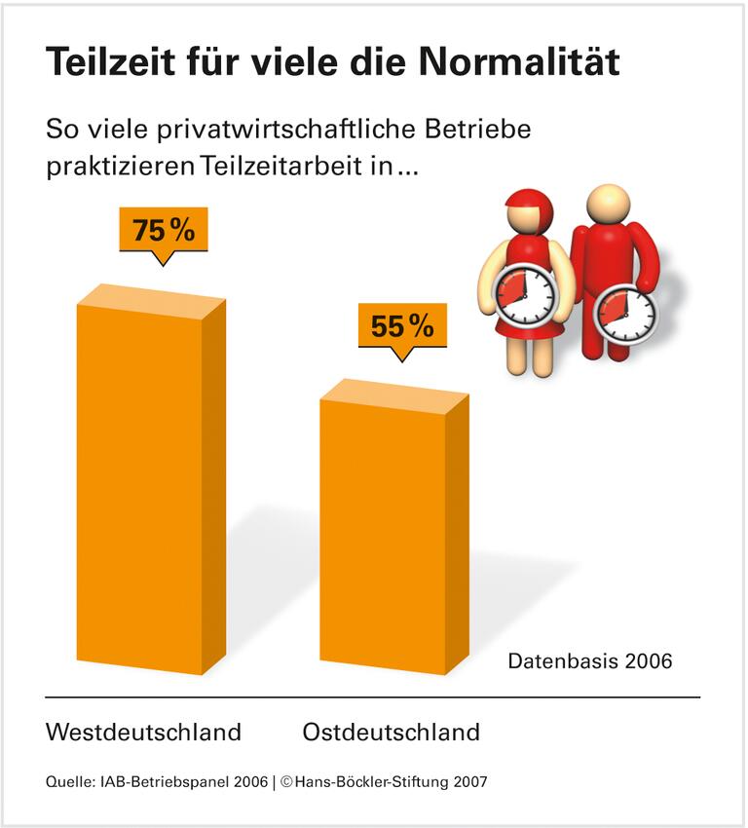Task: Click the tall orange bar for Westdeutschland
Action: click(146, 487)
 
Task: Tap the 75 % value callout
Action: click(164, 231)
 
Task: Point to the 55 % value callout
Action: click(402, 326)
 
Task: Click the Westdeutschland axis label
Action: click(143, 732)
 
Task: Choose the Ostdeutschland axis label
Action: click(391, 732)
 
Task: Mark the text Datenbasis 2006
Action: click(590, 661)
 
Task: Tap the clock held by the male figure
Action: click(625, 313)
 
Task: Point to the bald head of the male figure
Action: click(609, 203)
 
